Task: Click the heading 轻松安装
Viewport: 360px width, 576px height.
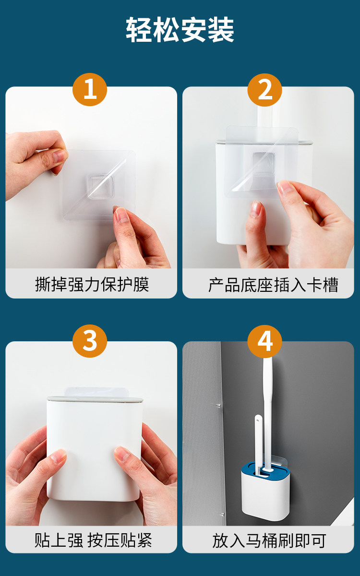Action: (x=180, y=30)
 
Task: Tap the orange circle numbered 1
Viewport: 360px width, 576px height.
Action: (x=90, y=89)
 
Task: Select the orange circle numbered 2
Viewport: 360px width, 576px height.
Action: (x=265, y=89)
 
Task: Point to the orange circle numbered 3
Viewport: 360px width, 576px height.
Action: (x=90, y=341)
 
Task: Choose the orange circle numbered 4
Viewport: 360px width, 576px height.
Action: (x=265, y=341)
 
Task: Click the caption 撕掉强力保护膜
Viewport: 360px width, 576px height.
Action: (x=92, y=284)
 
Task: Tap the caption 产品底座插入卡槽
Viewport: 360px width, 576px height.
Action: (x=273, y=285)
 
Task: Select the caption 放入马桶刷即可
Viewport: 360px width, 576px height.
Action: (x=269, y=540)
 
